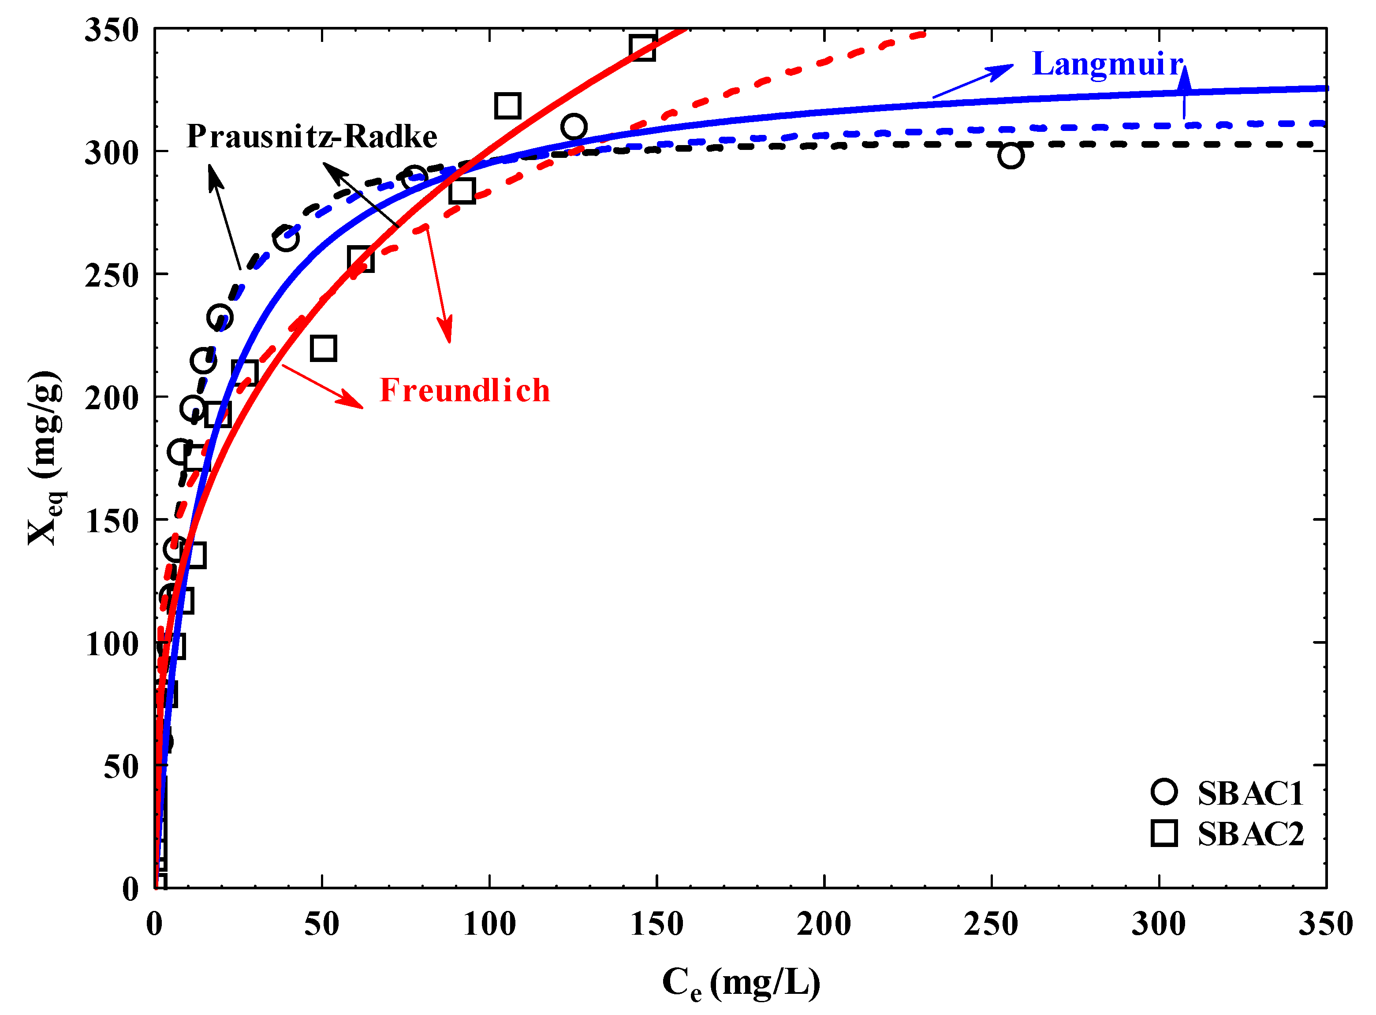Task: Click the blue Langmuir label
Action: click(1107, 64)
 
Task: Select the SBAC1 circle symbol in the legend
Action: click(1163, 792)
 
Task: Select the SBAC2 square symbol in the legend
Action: click(1163, 834)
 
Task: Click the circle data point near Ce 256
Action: click(1011, 156)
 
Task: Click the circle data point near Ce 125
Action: click(573, 127)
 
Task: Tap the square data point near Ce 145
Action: click(642, 47)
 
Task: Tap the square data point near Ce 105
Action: click(507, 106)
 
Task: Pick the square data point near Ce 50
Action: click(323, 348)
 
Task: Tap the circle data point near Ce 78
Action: click(414, 178)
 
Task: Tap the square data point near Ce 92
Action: click(462, 190)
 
